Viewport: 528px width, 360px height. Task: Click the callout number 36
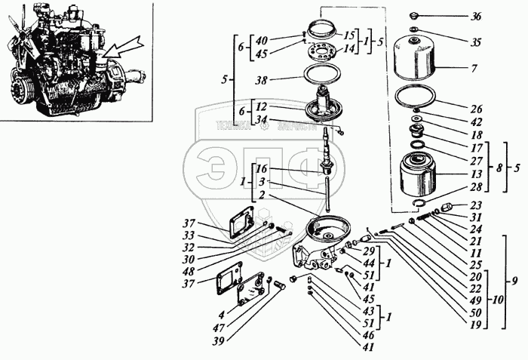tap(476, 17)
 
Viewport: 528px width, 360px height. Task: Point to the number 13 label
tap(475, 173)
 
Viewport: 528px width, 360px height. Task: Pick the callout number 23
tap(476, 205)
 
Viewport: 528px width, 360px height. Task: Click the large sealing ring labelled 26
tap(416, 100)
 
